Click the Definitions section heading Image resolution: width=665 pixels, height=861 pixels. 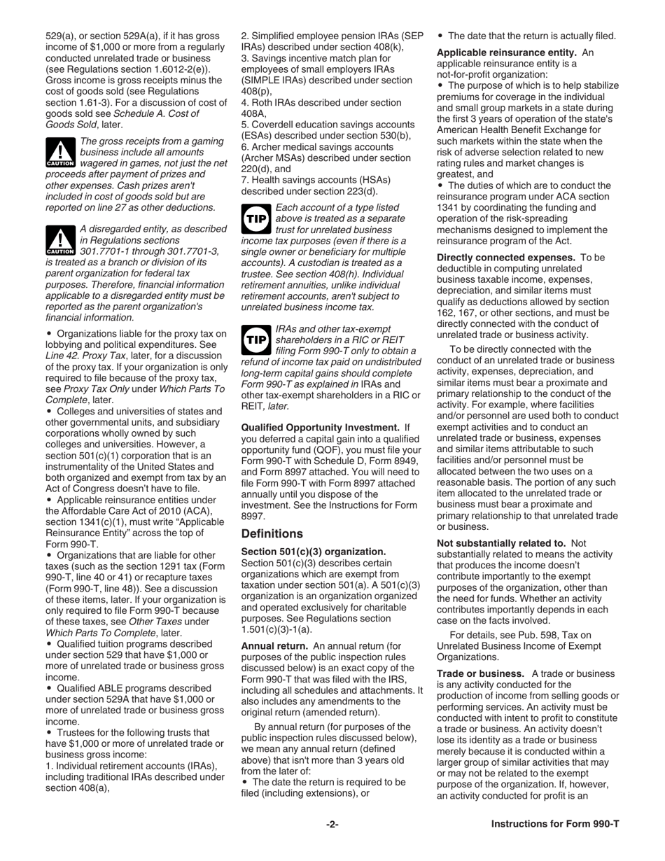(x=272, y=533)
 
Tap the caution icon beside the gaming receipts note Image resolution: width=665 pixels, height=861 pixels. (x=59, y=153)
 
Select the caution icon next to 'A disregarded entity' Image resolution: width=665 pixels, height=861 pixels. (x=59, y=241)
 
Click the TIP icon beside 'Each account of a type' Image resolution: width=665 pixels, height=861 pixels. (x=255, y=218)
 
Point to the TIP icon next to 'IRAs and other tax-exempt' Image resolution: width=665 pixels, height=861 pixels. (x=255, y=339)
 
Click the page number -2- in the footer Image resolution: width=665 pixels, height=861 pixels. (x=332, y=824)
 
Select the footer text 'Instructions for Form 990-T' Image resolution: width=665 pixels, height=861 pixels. (x=554, y=824)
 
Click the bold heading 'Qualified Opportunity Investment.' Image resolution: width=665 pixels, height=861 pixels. (x=320, y=427)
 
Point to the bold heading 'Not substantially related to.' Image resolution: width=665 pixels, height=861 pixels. (x=500, y=542)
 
